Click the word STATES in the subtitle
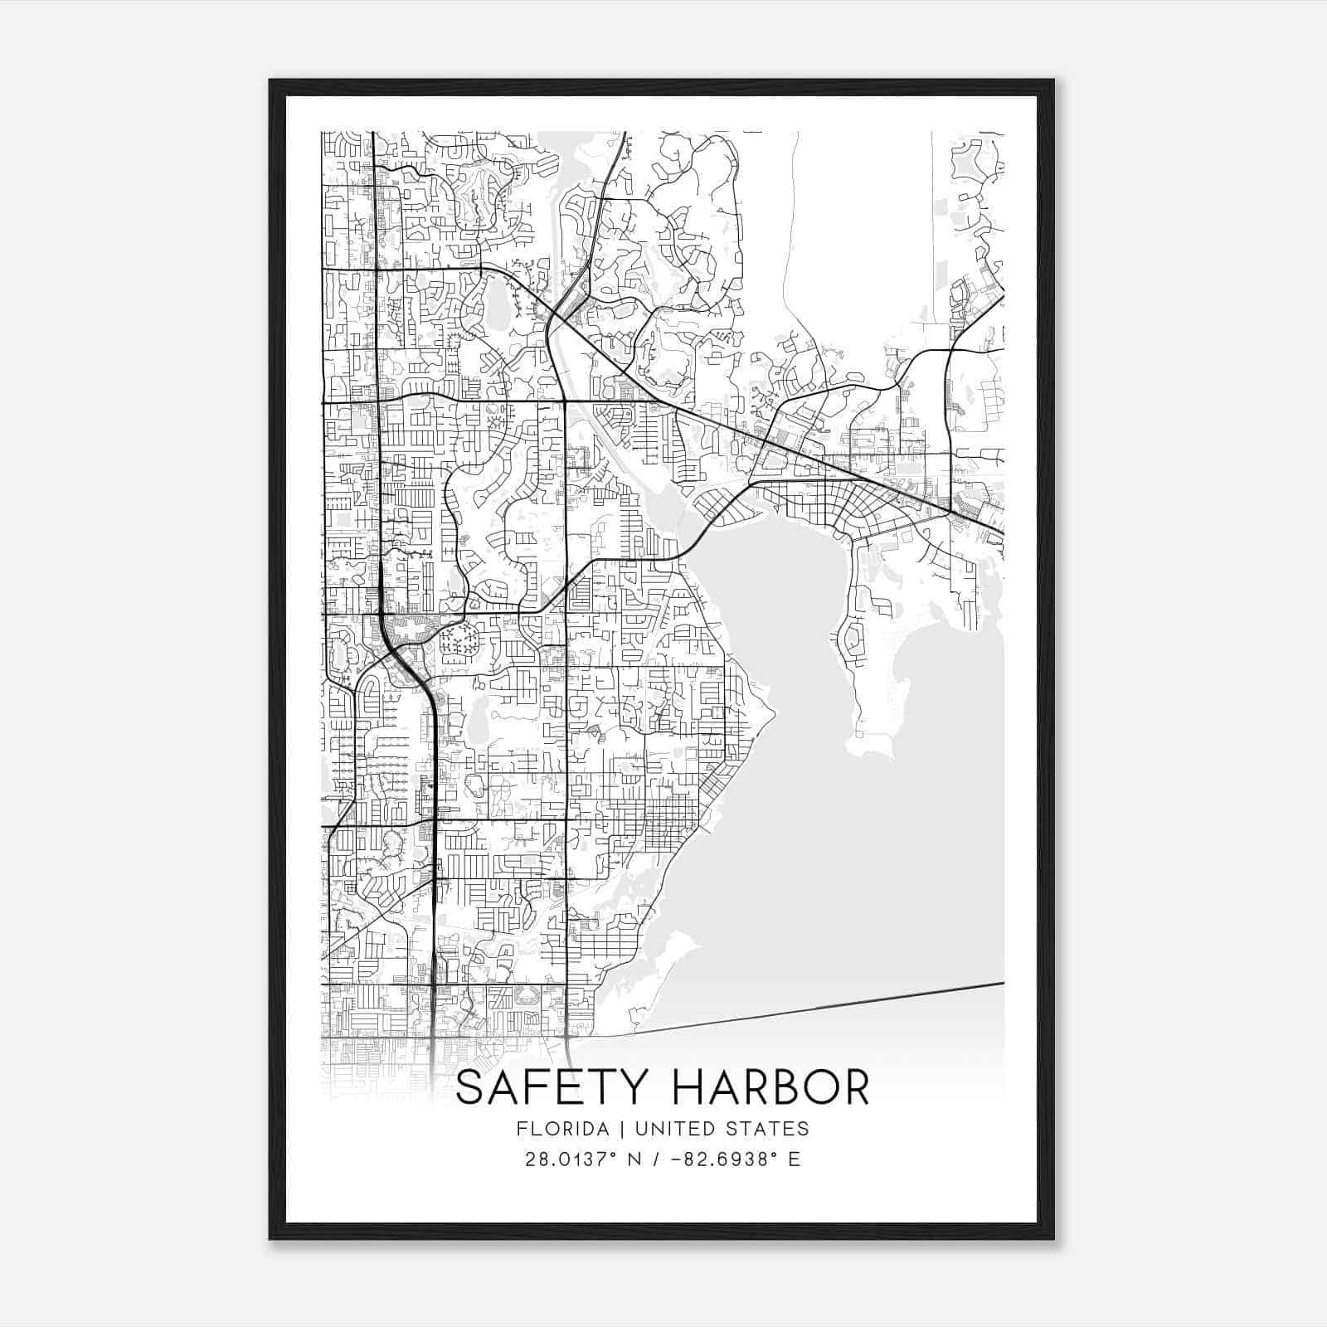tap(768, 1129)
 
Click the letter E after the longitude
tap(795, 1159)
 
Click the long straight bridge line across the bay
tap(829, 1006)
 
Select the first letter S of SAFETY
tap(469, 1087)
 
